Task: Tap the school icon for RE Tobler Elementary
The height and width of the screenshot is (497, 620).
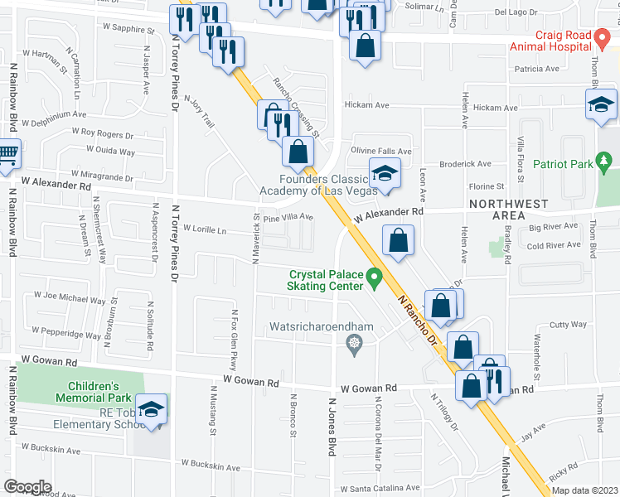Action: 151,410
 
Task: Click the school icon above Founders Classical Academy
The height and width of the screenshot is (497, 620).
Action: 384,173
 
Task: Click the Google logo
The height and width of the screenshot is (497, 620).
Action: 28,486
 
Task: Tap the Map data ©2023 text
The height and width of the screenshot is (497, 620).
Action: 584,490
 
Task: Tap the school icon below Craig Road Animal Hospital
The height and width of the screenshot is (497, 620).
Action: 600,104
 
